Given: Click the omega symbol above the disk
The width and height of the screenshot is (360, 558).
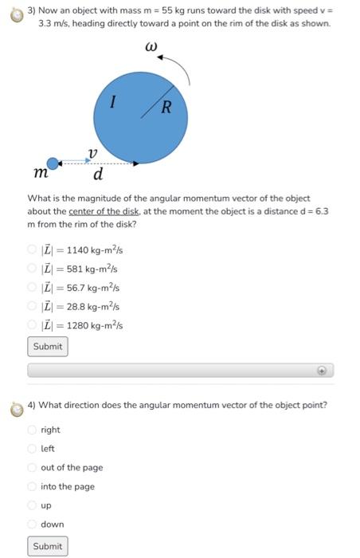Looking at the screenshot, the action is coord(149,49).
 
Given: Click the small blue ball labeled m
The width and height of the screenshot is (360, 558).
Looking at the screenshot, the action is coord(53,163).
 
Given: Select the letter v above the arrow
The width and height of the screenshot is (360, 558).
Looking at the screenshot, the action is coord(92,151).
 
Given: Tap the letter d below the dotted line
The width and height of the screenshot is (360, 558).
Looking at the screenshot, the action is coord(97,175).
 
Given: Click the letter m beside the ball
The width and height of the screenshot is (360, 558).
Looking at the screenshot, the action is coord(40,173).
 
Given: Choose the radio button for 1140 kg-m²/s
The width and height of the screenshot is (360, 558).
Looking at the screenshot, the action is coord(33,250).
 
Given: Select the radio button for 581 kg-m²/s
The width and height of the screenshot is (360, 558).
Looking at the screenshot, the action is coord(33,269).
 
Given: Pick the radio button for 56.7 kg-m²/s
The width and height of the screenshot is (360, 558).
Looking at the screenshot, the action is coord(33,287).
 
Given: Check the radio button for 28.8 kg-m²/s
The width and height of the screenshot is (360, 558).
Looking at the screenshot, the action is coord(33,306).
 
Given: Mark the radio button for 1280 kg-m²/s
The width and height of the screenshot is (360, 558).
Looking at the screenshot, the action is coord(33,324).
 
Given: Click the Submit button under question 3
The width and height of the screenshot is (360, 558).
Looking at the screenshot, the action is coord(47,347).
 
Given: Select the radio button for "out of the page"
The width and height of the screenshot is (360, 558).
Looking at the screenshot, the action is coord(33,468).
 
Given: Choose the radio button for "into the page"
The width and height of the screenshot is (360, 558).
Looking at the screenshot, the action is coord(33,486).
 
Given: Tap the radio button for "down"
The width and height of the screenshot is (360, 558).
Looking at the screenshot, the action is coord(33,524).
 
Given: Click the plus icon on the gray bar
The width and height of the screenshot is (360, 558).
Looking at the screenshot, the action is coord(322,371).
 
